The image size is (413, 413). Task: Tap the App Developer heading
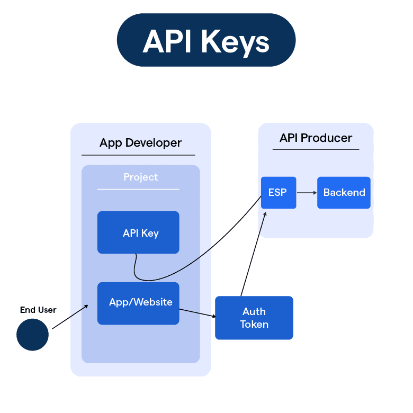[140, 143]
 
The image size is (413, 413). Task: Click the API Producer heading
[316, 138]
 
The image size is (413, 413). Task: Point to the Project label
[140, 177]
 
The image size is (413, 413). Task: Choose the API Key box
[138, 233]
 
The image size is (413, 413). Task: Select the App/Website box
[138, 303]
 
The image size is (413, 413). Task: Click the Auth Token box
[254, 318]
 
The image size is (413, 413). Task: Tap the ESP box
[278, 193]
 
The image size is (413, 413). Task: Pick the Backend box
[344, 193]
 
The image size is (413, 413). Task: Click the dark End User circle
[32, 335]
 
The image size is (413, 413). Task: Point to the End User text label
[38, 310]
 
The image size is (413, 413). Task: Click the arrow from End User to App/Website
[70, 317]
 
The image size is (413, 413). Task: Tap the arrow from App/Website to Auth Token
[197, 313]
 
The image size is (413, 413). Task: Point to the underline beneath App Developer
[138, 155]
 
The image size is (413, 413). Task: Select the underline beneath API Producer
[316, 149]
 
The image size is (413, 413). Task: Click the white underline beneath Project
[138, 189]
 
